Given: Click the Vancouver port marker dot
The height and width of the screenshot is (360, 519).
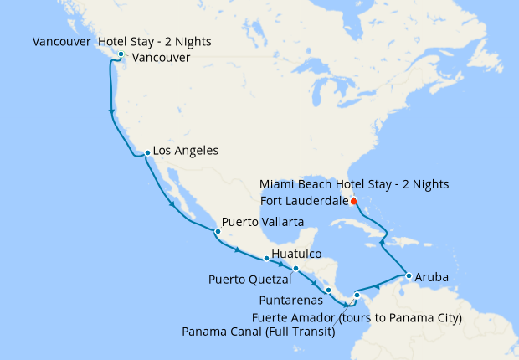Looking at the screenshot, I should (x=121, y=55).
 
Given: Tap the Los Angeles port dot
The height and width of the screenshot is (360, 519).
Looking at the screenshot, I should (x=147, y=152).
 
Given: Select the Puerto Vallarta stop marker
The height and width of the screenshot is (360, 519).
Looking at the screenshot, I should (x=218, y=230).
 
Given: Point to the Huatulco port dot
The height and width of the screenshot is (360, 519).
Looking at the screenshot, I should (x=266, y=258).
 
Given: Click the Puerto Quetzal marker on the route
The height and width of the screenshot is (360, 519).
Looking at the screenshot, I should (x=295, y=269).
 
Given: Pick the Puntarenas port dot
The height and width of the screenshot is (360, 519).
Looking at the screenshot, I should (x=328, y=290).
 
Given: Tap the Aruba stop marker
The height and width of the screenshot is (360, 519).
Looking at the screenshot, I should (x=408, y=275).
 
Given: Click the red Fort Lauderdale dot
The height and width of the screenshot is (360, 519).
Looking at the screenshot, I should (x=353, y=201).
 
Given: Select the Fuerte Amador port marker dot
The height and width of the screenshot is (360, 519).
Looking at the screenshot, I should (x=357, y=295).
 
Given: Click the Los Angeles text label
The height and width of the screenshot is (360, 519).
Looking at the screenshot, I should (x=187, y=152).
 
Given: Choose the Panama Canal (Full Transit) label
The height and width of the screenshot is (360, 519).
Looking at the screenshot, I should (x=259, y=332).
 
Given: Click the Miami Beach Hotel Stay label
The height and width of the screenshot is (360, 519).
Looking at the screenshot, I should (x=354, y=183).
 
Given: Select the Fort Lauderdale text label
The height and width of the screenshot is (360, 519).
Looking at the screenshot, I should (x=303, y=200).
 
